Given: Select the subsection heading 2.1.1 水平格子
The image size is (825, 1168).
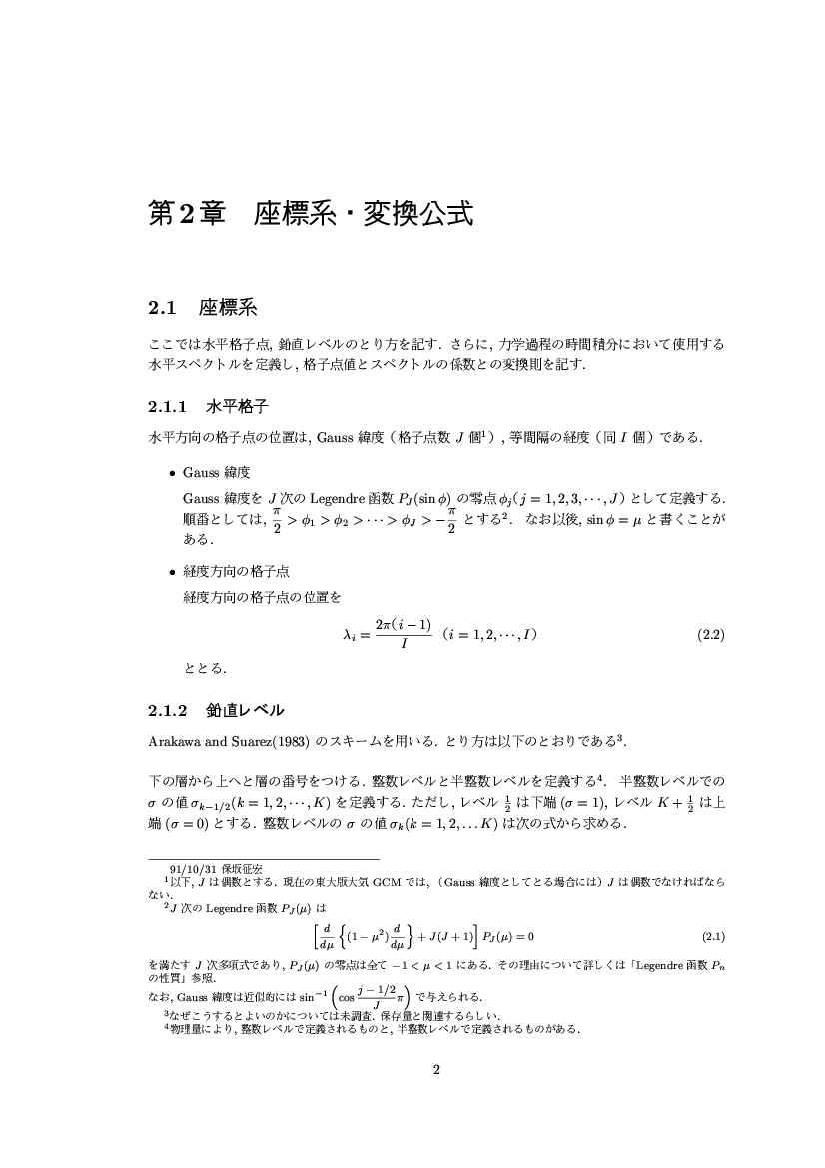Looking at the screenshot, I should tap(205, 407).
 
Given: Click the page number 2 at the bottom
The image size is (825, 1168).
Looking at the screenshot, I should tap(436, 1070).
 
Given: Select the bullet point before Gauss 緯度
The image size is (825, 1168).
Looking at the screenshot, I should tap(173, 471).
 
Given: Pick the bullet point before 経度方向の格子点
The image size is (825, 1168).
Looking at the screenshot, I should tap(173, 571).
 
